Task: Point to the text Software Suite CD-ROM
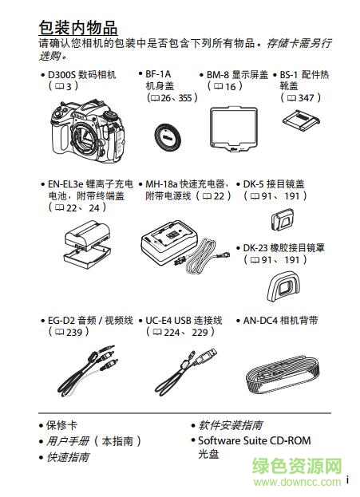[x=254, y=440]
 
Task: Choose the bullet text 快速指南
[x=69, y=457]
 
